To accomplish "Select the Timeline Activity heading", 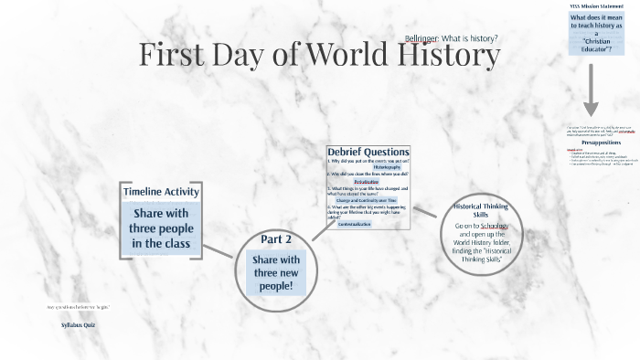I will [160, 191].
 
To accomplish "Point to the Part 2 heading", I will [276, 239].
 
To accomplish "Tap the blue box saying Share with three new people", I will [276, 273].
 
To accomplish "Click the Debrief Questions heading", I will [368, 152].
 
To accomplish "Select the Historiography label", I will [368, 167].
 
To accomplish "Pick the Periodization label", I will [367, 182].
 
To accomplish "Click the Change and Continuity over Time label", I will [367, 200].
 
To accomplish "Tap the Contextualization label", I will [367, 223].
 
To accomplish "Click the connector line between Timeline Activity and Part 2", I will [219, 251].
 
